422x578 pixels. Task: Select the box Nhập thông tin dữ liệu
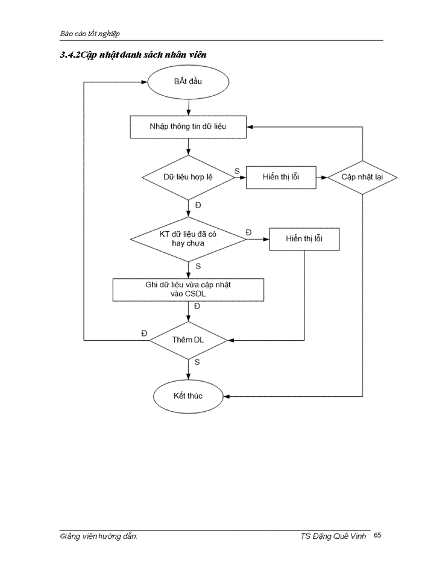(x=188, y=126)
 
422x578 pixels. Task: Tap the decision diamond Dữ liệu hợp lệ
(x=188, y=177)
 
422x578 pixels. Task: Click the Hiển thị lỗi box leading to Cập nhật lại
(x=281, y=177)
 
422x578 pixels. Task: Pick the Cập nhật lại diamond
(x=362, y=177)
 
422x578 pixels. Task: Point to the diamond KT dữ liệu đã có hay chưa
(x=188, y=239)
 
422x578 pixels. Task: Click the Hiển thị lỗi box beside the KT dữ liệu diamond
(x=304, y=239)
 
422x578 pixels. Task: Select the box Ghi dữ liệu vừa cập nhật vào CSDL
(x=188, y=290)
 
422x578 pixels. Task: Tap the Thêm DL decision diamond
(x=188, y=340)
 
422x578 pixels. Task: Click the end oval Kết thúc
(x=188, y=396)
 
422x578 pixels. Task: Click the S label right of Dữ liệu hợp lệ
(x=237, y=172)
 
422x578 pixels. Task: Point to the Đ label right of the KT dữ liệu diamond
(x=249, y=232)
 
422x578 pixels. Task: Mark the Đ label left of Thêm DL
(x=144, y=334)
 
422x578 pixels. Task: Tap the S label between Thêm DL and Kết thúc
(x=198, y=362)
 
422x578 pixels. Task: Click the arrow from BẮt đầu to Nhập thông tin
(x=189, y=107)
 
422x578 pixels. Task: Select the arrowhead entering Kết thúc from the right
(x=227, y=396)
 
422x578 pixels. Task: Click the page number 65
(x=377, y=535)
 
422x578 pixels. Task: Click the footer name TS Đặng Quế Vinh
(x=333, y=536)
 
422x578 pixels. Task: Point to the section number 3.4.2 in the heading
(x=71, y=55)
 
